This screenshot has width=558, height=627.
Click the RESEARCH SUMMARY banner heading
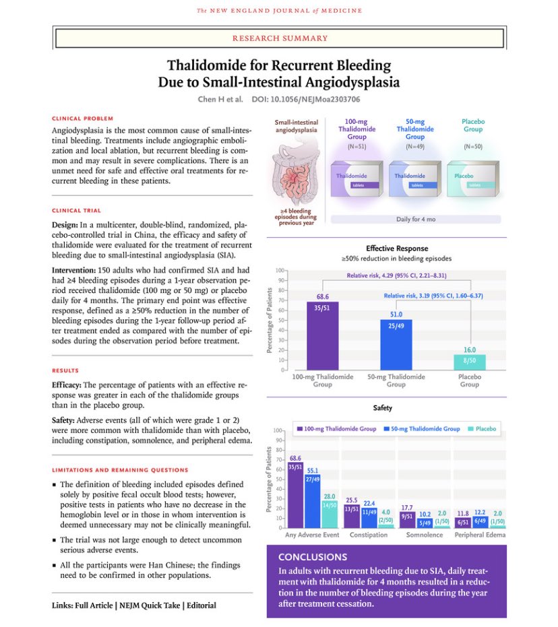coord(280,38)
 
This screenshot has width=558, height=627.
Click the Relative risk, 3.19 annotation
coord(433,296)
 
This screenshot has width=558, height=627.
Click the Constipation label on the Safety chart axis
coord(369,535)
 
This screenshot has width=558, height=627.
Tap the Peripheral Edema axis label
coord(480,535)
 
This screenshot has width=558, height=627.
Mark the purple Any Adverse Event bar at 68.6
coord(295,494)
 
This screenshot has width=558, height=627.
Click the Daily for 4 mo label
coord(415,220)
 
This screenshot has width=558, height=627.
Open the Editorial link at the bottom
coord(201,605)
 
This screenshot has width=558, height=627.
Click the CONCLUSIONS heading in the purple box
coord(313,557)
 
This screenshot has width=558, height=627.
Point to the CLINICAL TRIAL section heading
coord(76,210)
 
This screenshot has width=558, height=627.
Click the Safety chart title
coord(382,408)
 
